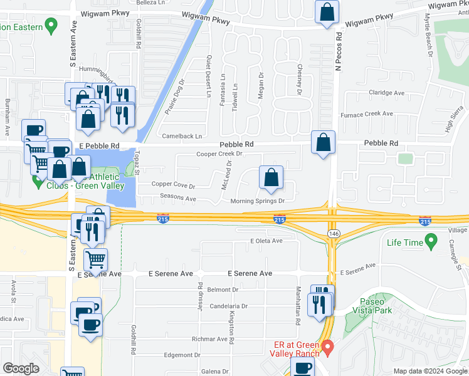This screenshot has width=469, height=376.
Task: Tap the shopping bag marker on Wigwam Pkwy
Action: point(327,13)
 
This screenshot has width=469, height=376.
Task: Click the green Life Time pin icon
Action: point(431,241)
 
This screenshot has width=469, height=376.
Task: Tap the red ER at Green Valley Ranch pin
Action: point(327,345)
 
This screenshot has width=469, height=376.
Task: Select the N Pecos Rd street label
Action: point(338,52)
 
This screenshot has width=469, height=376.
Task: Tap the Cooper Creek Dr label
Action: point(219,154)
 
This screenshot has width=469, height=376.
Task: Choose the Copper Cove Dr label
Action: point(174,186)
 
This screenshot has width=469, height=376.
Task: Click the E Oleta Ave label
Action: point(266,241)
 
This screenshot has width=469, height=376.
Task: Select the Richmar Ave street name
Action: point(209,339)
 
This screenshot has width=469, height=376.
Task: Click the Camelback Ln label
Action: point(181,136)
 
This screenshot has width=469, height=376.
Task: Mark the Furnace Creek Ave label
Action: point(366,114)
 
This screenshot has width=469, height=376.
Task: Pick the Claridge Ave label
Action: point(386,93)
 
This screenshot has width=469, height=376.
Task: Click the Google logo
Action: point(21,368)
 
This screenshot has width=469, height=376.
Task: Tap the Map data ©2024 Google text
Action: point(429,371)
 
